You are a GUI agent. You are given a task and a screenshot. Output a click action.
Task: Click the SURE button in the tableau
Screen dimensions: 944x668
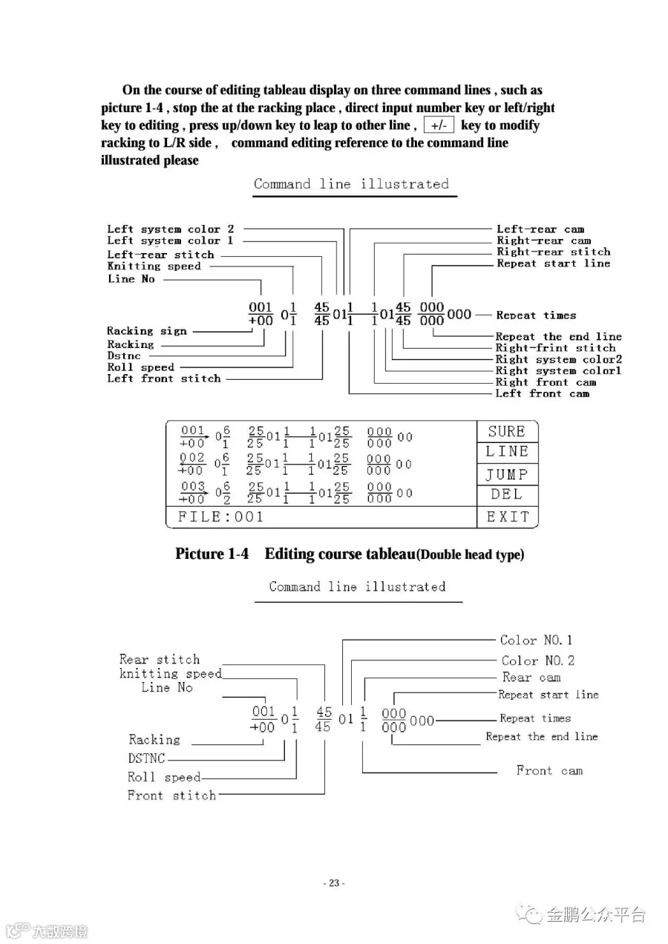click(x=506, y=432)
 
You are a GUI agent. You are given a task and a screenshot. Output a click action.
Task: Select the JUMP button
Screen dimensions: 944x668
click(x=506, y=474)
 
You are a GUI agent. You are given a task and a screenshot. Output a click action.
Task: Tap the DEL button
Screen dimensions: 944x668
click(x=506, y=494)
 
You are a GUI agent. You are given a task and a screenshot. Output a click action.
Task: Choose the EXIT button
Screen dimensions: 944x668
click(x=508, y=517)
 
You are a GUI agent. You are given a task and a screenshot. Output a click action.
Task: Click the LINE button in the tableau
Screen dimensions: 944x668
click(x=507, y=452)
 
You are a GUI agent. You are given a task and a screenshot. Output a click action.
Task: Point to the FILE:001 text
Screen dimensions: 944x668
click(x=220, y=517)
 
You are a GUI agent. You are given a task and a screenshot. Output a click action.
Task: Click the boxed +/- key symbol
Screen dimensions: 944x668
click(x=439, y=125)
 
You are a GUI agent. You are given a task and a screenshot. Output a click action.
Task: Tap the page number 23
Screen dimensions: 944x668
click(x=334, y=883)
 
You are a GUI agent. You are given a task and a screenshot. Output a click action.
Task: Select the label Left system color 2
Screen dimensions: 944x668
click(x=170, y=229)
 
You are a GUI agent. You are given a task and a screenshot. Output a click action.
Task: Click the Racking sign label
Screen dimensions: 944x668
click(x=146, y=331)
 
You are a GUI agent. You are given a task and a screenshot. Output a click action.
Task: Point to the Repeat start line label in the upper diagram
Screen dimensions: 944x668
click(x=553, y=263)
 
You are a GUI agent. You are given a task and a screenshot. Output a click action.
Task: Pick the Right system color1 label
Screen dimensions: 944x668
click(x=558, y=370)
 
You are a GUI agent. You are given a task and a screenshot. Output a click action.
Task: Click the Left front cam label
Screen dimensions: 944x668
click(x=542, y=393)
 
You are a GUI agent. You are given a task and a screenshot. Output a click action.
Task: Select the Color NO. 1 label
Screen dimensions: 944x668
click(x=536, y=640)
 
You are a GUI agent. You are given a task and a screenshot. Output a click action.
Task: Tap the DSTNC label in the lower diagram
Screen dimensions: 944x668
click(x=146, y=758)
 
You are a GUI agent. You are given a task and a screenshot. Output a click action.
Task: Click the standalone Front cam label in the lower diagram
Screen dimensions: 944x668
click(x=549, y=770)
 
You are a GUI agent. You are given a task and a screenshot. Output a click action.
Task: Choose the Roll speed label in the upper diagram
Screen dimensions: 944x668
click(x=140, y=367)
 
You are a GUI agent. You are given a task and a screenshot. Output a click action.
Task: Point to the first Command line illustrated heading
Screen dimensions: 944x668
click(x=351, y=184)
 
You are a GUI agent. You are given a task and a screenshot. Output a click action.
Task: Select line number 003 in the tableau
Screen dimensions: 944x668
click(x=192, y=487)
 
